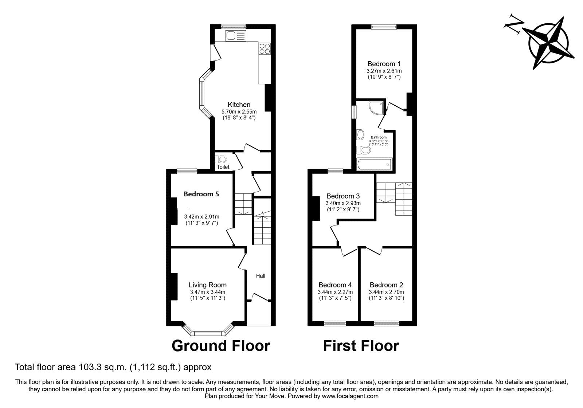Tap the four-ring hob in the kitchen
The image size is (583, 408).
[265, 49]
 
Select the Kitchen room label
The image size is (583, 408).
[239, 105]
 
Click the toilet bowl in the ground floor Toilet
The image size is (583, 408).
[221, 160]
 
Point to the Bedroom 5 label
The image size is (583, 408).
[201, 194]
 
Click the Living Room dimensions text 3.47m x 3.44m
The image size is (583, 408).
[207, 292]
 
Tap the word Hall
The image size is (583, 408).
[261, 276]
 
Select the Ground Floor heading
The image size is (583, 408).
[221, 346]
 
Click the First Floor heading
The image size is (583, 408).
[361, 346]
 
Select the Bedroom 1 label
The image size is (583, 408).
[384, 63]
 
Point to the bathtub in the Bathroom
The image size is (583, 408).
[375, 164]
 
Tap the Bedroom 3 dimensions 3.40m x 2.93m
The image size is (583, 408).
[343, 203]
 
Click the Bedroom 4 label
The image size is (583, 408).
[335, 285]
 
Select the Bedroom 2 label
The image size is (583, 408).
[386, 285]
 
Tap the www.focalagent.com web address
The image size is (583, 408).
[350, 396]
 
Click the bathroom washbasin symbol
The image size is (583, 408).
[361, 135]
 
